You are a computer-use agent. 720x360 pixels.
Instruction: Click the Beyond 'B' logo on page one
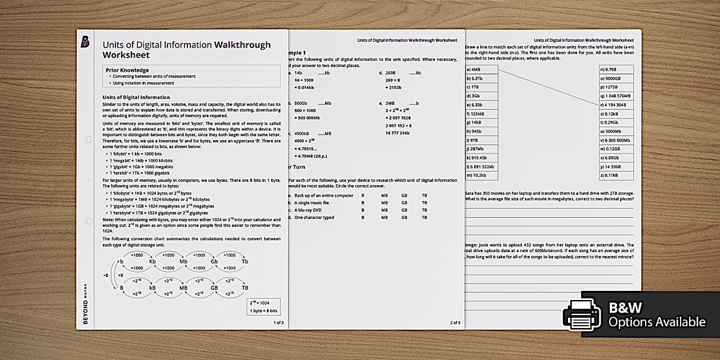[85, 42]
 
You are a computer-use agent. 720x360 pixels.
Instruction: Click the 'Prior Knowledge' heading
[127, 70]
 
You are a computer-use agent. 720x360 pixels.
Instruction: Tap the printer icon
[582, 315]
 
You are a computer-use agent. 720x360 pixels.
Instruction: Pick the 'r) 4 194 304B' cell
[615, 105]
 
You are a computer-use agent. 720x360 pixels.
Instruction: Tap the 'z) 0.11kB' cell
[615, 175]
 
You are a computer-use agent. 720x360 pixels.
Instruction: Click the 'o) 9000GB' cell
[615, 78]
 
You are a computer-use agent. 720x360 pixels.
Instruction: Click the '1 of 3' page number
[278, 323]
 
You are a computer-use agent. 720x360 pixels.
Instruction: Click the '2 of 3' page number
[455, 323]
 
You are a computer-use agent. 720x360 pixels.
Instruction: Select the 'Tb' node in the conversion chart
[245, 262]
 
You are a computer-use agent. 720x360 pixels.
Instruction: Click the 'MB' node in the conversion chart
[183, 287]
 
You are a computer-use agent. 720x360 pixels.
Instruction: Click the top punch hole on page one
[89, 139]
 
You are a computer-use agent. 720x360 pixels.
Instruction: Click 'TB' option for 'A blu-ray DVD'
[424, 210]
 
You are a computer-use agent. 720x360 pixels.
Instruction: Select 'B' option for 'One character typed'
[362, 217]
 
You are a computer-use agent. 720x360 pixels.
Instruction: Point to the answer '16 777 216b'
[398, 133]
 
